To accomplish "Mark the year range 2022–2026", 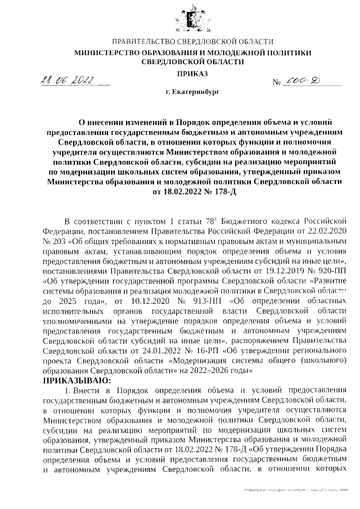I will click(x=208, y=371).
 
